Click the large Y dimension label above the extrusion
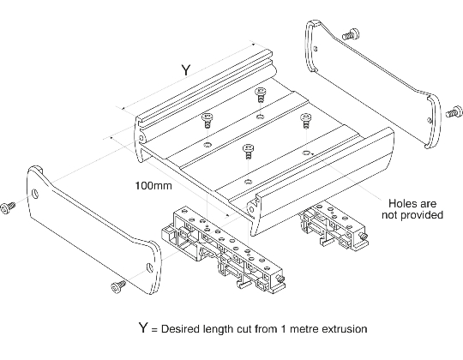pos(184,71)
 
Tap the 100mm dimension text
pos(153,185)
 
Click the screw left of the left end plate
pos(10,207)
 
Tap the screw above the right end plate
pos(348,34)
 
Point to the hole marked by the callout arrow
pos(304,151)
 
